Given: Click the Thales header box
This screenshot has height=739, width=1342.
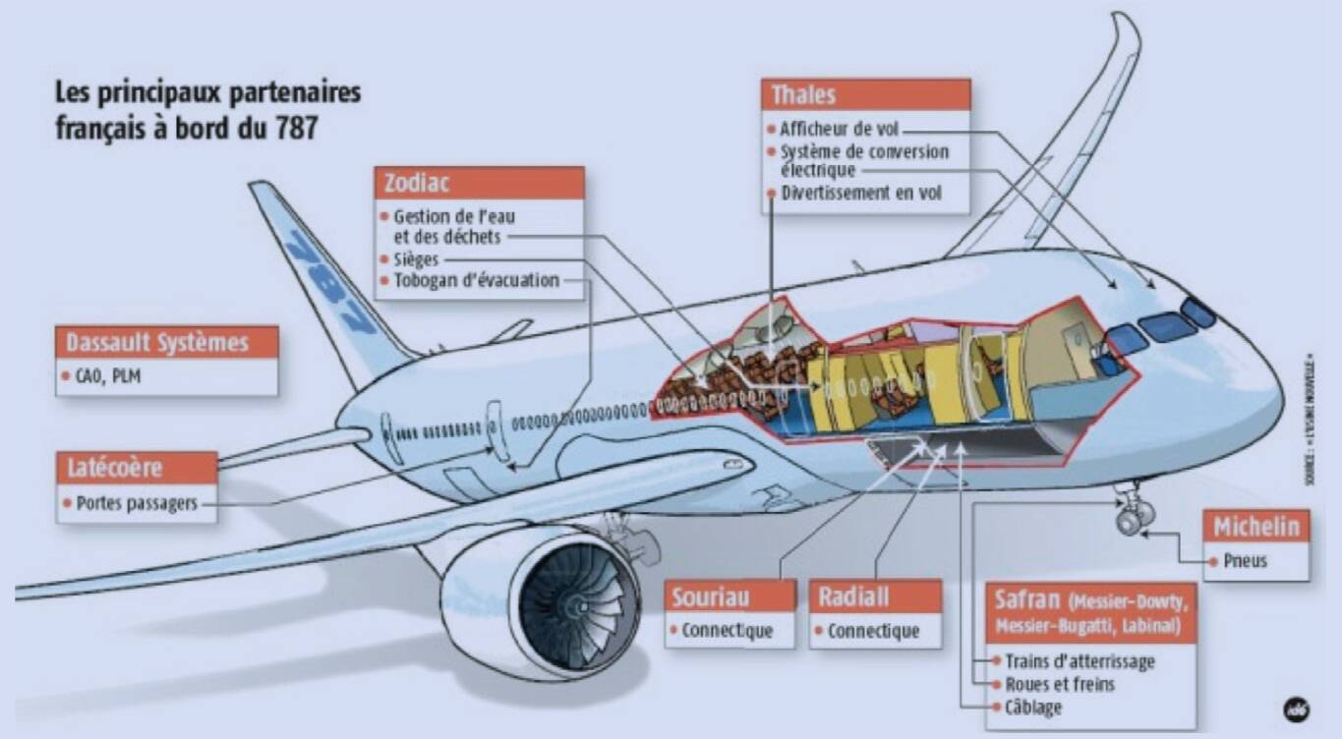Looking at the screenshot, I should click(865, 95).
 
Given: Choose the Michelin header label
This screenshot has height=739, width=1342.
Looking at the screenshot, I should click(1255, 526).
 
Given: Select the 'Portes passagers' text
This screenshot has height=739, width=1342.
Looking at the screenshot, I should click(137, 503).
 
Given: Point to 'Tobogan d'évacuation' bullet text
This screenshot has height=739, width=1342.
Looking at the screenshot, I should click(476, 280).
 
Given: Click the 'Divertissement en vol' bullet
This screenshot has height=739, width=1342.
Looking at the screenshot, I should click(860, 193).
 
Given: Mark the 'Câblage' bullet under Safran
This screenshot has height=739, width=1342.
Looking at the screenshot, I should click(1032, 708).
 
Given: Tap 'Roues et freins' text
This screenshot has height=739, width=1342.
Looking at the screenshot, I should click(1059, 684).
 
